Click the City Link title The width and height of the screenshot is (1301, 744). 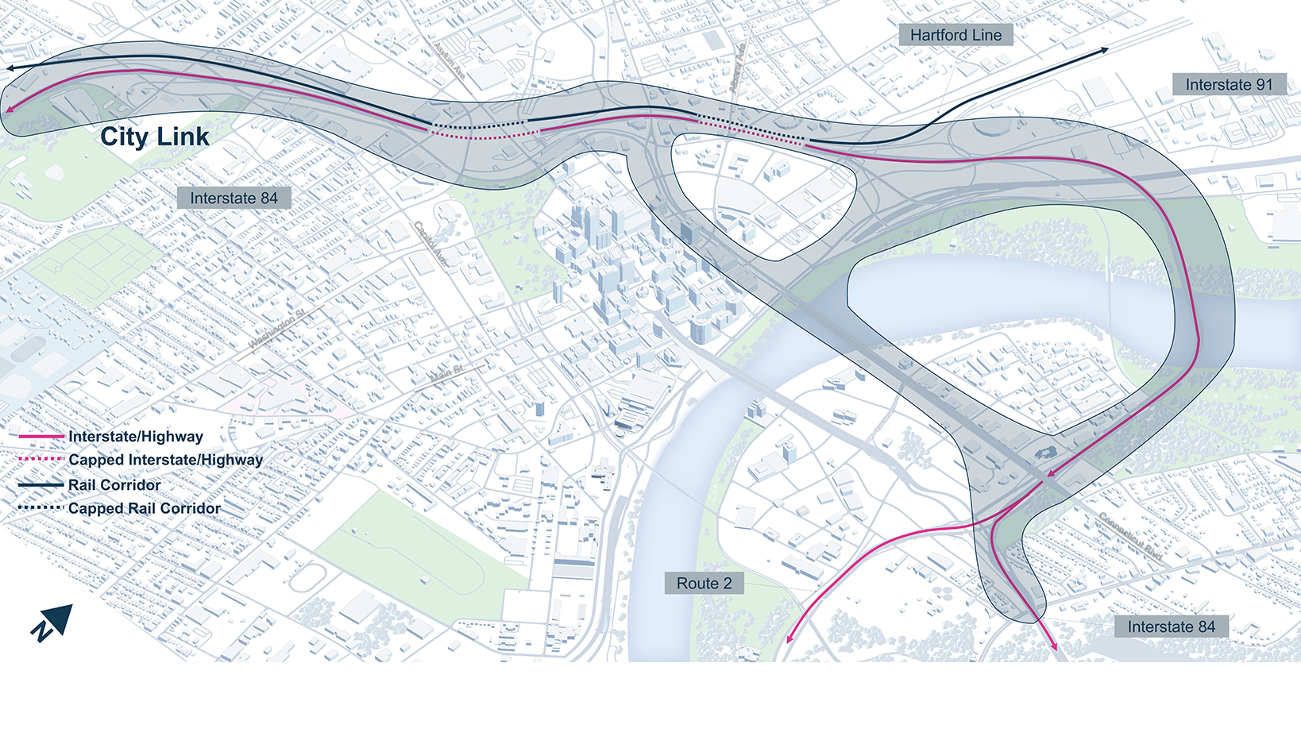tap(155, 137)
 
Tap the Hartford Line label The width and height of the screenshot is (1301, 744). tap(955, 35)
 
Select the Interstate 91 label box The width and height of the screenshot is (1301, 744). tap(1229, 85)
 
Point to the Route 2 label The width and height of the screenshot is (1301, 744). tap(704, 584)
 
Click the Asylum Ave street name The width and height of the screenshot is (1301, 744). tap(449, 60)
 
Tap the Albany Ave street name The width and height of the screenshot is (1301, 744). tap(737, 67)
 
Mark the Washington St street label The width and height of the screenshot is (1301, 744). tap(276, 330)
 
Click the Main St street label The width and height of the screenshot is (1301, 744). tap(447, 372)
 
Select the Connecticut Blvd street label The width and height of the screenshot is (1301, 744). tap(1131, 538)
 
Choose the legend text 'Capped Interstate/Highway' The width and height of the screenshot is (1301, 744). tap(165, 460)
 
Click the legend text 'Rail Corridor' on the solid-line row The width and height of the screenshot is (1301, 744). tap(114, 485)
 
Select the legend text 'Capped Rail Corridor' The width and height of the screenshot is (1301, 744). tap(145, 508)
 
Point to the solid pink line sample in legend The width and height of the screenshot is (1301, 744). tap(41, 437)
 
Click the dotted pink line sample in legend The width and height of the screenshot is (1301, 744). tap(41, 460)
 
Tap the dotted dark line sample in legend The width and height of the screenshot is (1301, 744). tap(41, 507)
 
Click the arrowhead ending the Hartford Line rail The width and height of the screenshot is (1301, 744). tap(1104, 51)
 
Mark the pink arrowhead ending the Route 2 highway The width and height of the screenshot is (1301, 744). tap(789, 638)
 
